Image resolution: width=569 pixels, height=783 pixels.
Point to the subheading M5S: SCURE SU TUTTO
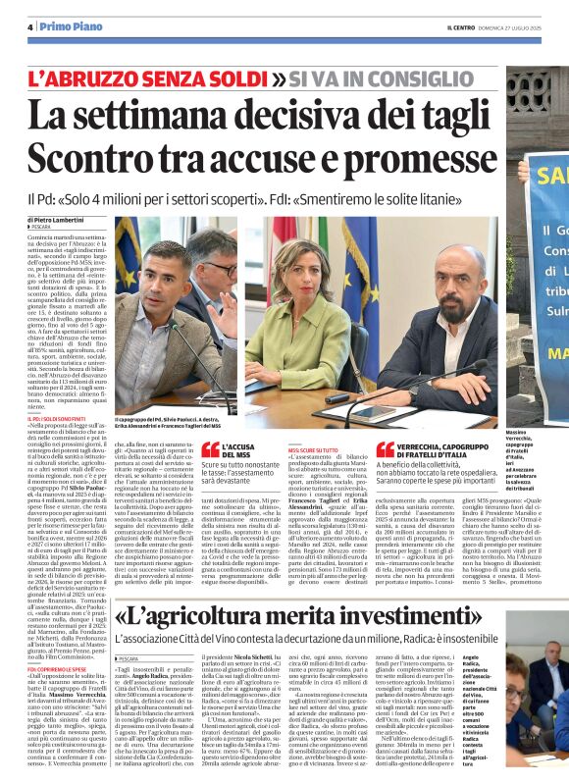coord(313,448)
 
